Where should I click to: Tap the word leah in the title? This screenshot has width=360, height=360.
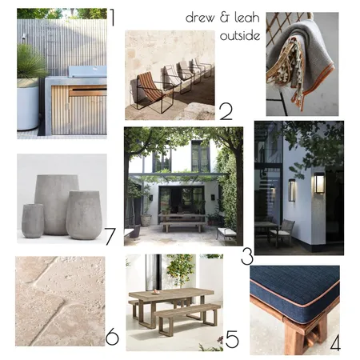[x=247, y=18]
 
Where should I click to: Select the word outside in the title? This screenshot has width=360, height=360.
[x=240, y=35]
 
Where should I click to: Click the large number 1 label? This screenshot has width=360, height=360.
[x=112, y=18]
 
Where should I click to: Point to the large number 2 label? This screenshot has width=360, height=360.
[x=226, y=112]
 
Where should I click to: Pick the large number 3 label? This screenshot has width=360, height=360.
[x=247, y=257]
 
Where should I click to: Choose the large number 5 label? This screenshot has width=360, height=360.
[x=232, y=339]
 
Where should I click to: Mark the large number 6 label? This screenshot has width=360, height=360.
[x=112, y=337]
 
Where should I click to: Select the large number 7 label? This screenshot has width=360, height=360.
[x=110, y=237]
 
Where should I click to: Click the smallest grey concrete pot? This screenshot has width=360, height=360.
[x=33, y=221]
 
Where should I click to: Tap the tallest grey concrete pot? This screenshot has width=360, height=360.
[x=56, y=205]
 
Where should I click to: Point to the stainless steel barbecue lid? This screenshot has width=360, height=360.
[x=87, y=71]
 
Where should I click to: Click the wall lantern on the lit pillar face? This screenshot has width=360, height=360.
[x=319, y=182]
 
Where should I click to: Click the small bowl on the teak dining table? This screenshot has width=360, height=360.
[x=155, y=293]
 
